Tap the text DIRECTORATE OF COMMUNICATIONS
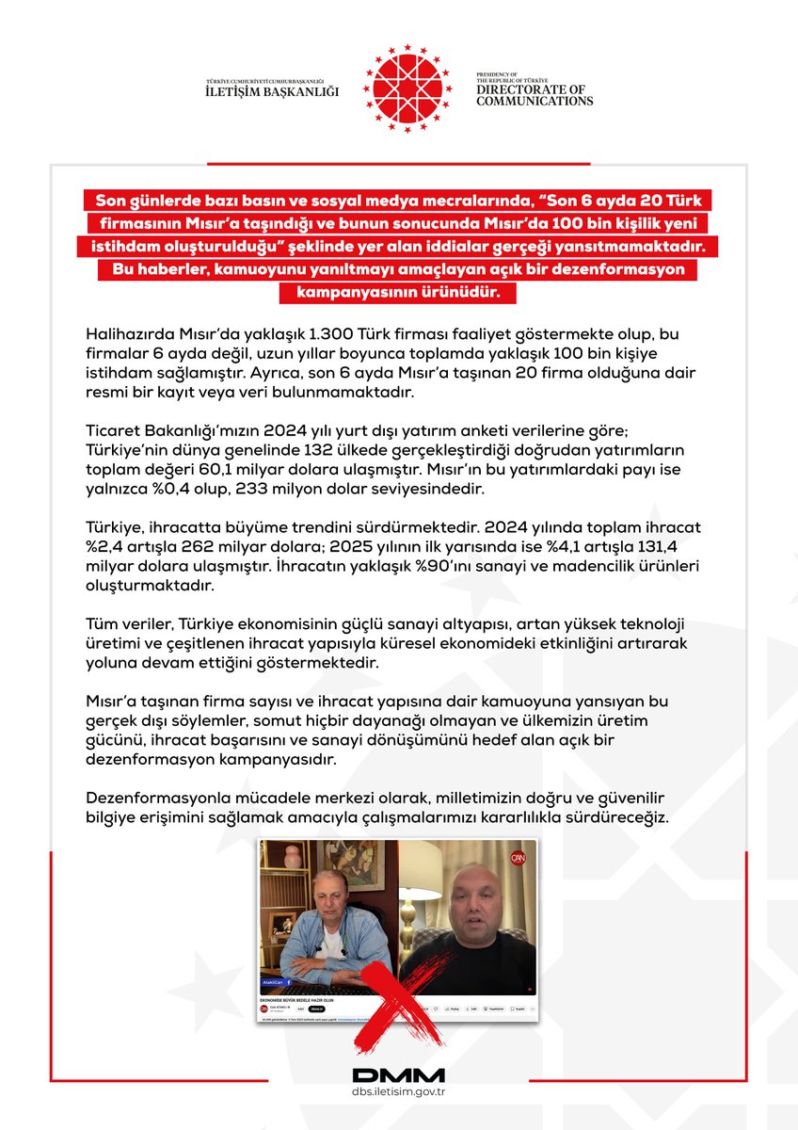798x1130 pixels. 534,95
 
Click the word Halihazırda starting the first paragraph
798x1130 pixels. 132,336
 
